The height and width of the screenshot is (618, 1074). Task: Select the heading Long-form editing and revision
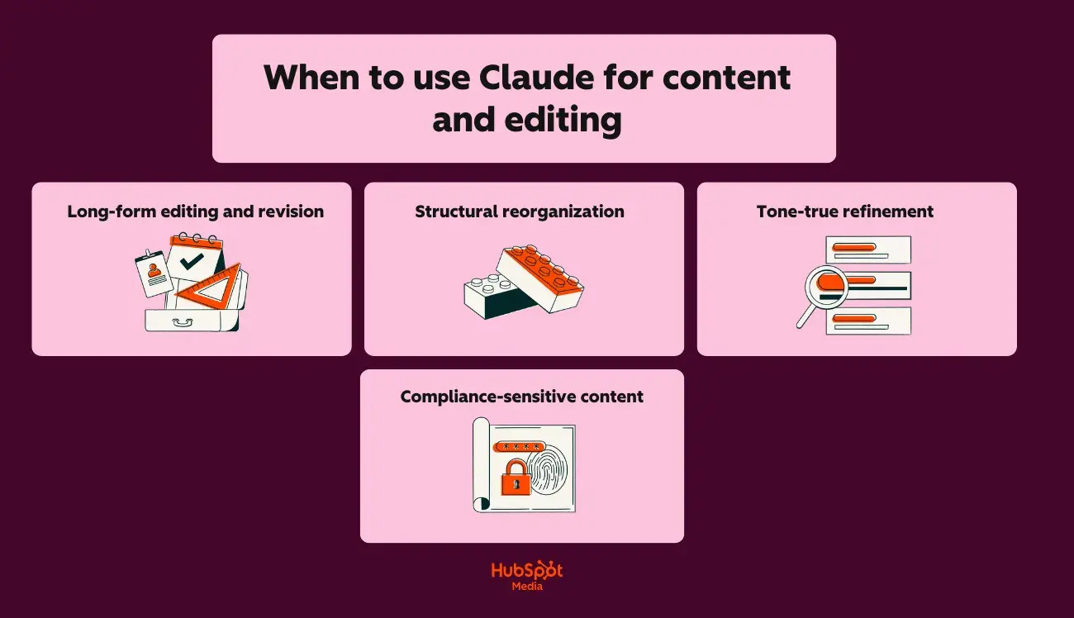coord(195,212)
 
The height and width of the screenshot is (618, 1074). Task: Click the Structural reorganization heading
coord(520,212)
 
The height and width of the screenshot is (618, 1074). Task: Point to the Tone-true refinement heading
coord(845,212)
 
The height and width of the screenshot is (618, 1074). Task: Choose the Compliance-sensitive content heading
coord(522,397)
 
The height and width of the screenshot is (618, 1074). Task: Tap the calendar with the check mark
coord(195,257)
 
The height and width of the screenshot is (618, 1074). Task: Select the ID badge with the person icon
coord(154,272)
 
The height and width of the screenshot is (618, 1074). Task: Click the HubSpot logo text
coord(526,570)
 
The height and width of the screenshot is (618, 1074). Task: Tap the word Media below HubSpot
coord(527,587)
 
